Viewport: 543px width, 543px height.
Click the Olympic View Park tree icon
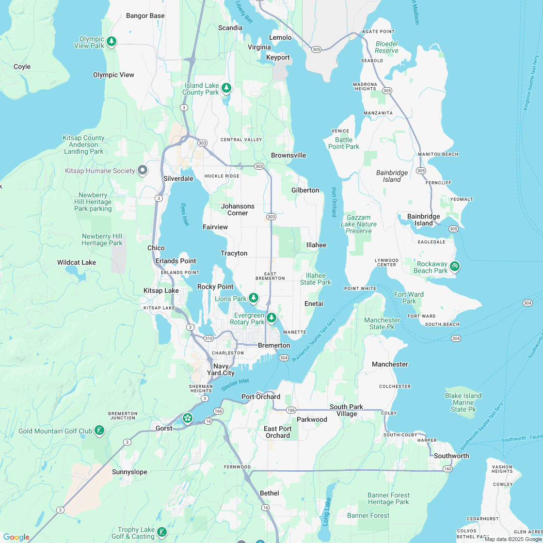point(112,41)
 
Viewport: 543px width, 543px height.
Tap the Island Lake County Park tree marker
point(226,88)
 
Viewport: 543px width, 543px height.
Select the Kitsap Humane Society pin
point(143,170)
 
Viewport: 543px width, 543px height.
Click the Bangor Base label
point(145,16)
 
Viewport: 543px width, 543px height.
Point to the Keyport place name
point(278,57)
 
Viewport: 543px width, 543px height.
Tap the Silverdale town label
point(178,178)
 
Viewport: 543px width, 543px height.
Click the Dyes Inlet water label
point(185,214)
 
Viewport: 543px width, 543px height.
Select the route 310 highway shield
point(208,338)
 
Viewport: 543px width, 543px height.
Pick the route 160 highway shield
point(447,469)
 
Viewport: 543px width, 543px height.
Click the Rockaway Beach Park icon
point(454,266)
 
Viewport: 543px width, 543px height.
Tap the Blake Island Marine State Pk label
point(463,402)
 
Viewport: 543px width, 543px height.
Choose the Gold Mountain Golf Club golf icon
point(99,430)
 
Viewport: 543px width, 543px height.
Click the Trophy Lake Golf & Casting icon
point(162,532)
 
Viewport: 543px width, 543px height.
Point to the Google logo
point(16,537)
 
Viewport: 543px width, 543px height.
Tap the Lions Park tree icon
point(253,297)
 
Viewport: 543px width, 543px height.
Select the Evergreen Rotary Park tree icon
point(271,318)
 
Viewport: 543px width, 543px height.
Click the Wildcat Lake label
point(77,262)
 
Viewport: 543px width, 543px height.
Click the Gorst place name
point(164,428)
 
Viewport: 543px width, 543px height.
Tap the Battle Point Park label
point(344,143)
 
